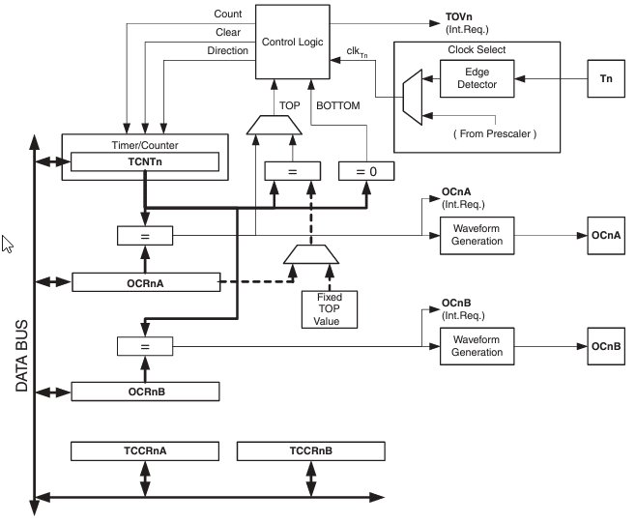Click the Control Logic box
pyautogui.click(x=293, y=42)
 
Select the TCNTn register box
pyautogui.click(x=145, y=161)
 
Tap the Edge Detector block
pyautogui.click(x=477, y=78)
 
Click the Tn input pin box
pyautogui.click(x=606, y=78)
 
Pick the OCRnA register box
pyautogui.click(x=146, y=282)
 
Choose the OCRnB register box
pyautogui.click(x=145, y=392)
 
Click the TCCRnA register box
pyautogui.click(x=145, y=451)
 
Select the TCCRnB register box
pyautogui.click(x=310, y=451)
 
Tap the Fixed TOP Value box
pyautogui.click(x=330, y=309)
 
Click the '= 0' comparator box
pyautogui.click(x=366, y=171)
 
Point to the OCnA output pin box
pyautogui.click(x=606, y=236)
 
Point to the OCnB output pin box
pyautogui.click(x=606, y=346)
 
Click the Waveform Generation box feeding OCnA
pyautogui.click(x=477, y=236)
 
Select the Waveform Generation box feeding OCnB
pyautogui.click(x=477, y=346)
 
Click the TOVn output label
pyautogui.click(x=459, y=17)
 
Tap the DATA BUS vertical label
pyautogui.click(x=21, y=356)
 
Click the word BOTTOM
pyautogui.click(x=338, y=106)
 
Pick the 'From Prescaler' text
pyautogui.click(x=495, y=134)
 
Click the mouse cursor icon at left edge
pyautogui.click(x=8, y=244)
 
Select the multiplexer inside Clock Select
pyautogui.click(x=413, y=98)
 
